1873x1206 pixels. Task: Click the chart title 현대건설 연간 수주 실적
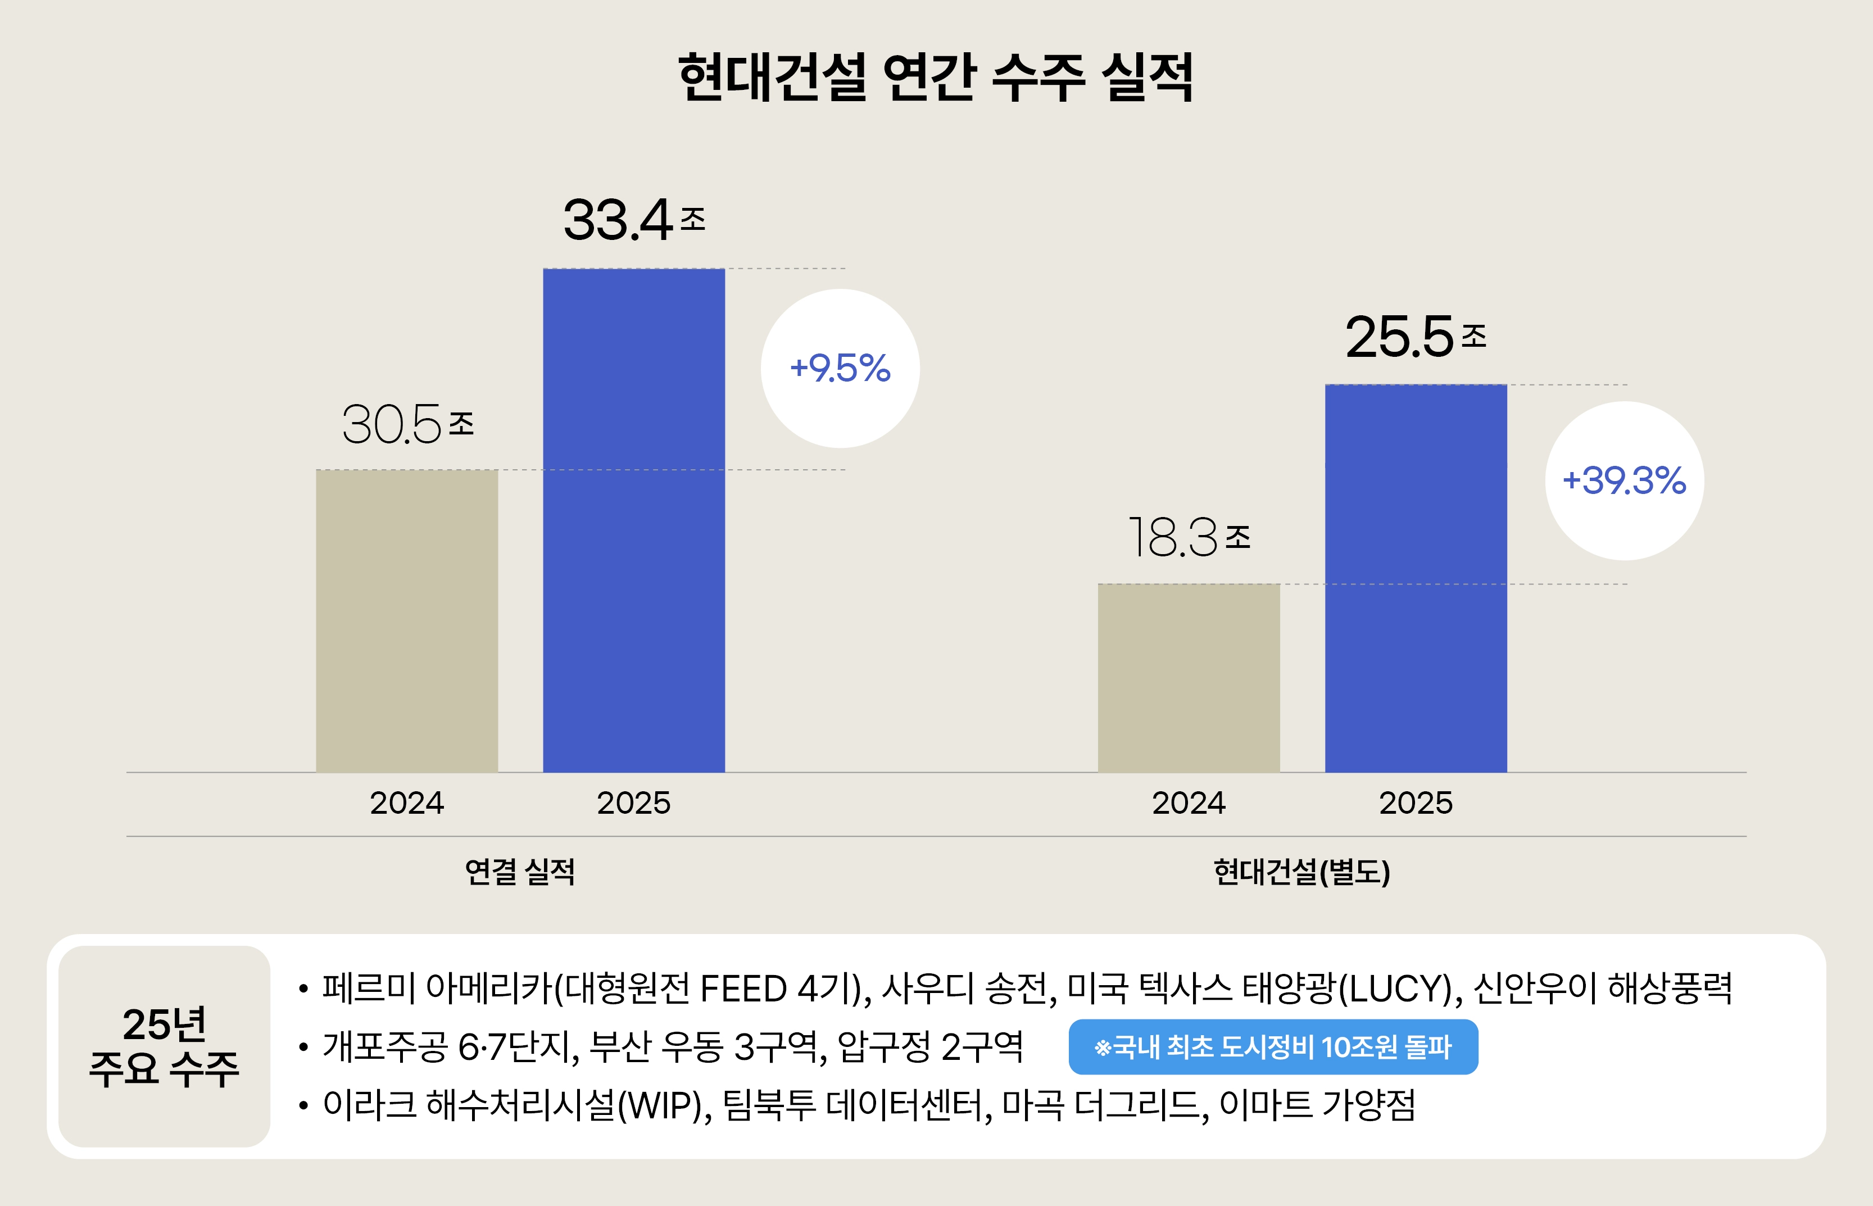936,78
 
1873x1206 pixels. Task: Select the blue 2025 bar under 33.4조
633,521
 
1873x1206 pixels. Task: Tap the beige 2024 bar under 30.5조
406,621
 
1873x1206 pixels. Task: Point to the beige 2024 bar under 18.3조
1188,678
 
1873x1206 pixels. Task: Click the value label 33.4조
633,220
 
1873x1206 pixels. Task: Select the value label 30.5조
407,424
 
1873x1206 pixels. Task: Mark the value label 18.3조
1189,538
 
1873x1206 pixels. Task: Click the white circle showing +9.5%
840,368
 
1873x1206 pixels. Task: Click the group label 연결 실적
520,872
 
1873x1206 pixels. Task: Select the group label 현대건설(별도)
1301,872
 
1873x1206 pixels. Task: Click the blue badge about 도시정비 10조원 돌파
1272,1047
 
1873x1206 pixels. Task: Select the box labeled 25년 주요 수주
165,1046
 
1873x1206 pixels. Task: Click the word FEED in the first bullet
742,989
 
